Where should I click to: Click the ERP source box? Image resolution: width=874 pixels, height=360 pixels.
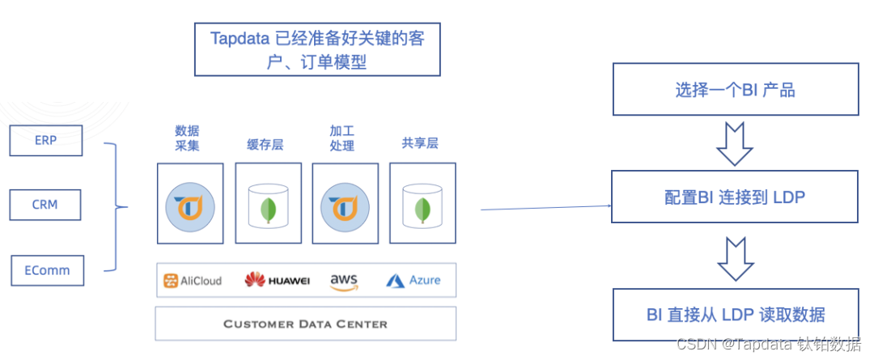(x=45, y=139)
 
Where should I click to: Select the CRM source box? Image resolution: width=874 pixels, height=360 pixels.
(x=45, y=205)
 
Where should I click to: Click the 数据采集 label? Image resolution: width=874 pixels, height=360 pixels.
(x=187, y=138)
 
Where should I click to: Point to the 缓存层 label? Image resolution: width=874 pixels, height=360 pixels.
(x=265, y=145)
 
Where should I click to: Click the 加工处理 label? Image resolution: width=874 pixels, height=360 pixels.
(x=342, y=138)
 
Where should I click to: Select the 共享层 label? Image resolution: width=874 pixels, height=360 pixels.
(x=419, y=143)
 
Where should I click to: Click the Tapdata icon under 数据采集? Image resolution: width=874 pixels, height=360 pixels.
(x=189, y=207)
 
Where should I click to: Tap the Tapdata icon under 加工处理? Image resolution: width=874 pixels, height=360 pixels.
(x=345, y=207)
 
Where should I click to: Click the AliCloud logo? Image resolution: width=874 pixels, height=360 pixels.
(x=193, y=281)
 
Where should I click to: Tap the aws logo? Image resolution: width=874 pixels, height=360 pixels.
(x=344, y=281)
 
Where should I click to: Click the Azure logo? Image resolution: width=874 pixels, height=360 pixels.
(x=414, y=281)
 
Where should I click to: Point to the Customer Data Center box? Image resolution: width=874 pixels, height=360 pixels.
(x=305, y=324)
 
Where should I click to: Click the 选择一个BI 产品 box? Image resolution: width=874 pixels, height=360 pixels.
(x=735, y=91)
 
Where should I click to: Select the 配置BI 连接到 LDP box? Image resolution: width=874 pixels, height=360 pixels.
(x=735, y=197)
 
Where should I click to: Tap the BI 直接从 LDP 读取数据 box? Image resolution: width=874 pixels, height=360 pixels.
(x=735, y=315)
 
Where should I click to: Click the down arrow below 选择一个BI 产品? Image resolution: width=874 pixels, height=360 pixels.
(x=735, y=143)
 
